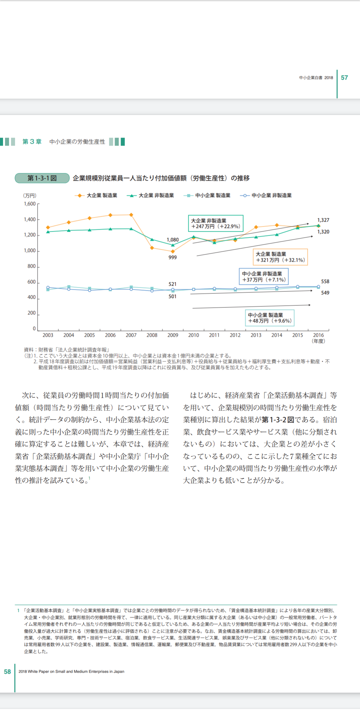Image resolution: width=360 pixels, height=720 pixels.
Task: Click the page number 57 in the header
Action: click(344, 78)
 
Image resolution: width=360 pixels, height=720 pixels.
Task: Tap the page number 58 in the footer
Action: click(7, 672)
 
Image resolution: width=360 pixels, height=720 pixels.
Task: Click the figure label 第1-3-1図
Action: click(42, 178)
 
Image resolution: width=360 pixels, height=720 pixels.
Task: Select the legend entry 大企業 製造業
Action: click(96, 195)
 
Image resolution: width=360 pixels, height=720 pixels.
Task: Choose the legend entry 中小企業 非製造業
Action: click(266, 195)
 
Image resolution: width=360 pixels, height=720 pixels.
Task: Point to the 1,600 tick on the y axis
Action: click(30, 204)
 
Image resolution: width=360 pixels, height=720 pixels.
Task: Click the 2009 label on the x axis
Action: click(173, 335)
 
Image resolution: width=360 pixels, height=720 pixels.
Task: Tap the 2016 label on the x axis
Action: click(318, 335)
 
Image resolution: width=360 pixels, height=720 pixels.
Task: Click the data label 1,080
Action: click(173, 240)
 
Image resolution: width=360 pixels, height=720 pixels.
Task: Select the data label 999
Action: click(173, 257)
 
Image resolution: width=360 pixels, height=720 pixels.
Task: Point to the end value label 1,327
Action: click(323, 220)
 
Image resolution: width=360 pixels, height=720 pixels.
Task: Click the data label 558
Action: click(325, 282)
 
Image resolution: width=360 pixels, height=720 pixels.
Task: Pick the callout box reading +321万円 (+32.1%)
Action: click(280, 257)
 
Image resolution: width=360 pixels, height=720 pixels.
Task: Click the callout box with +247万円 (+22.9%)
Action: click(216, 223)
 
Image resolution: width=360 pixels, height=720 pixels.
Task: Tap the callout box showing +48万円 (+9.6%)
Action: click(270, 318)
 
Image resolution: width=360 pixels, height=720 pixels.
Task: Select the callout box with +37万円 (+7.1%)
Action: click(264, 277)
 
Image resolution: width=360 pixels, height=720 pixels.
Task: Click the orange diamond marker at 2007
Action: click(131, 215)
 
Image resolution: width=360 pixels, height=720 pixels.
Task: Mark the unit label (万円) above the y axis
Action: click(30, 196)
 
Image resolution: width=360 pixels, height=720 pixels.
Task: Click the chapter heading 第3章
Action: click(32, 142)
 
